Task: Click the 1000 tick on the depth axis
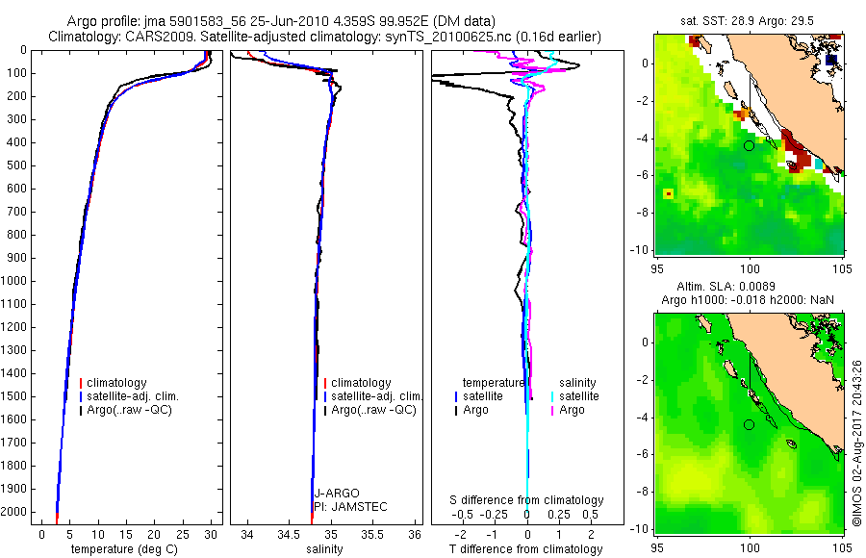pos(16,281)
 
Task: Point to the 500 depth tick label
pos(16,165)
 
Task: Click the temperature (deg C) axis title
pos(121,549)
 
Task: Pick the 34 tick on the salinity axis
pos(247,532)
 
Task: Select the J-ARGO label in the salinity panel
pos(337,494)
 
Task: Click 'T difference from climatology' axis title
pos(525,549)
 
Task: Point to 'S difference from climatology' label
pos(527,500)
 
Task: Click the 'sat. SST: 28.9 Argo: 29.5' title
pos(748,19)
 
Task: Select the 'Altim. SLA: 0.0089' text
pos(749,287)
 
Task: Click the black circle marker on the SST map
pos(749,145)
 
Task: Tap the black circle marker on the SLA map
pos(749,424)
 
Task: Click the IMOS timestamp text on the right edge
pos(856,443)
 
